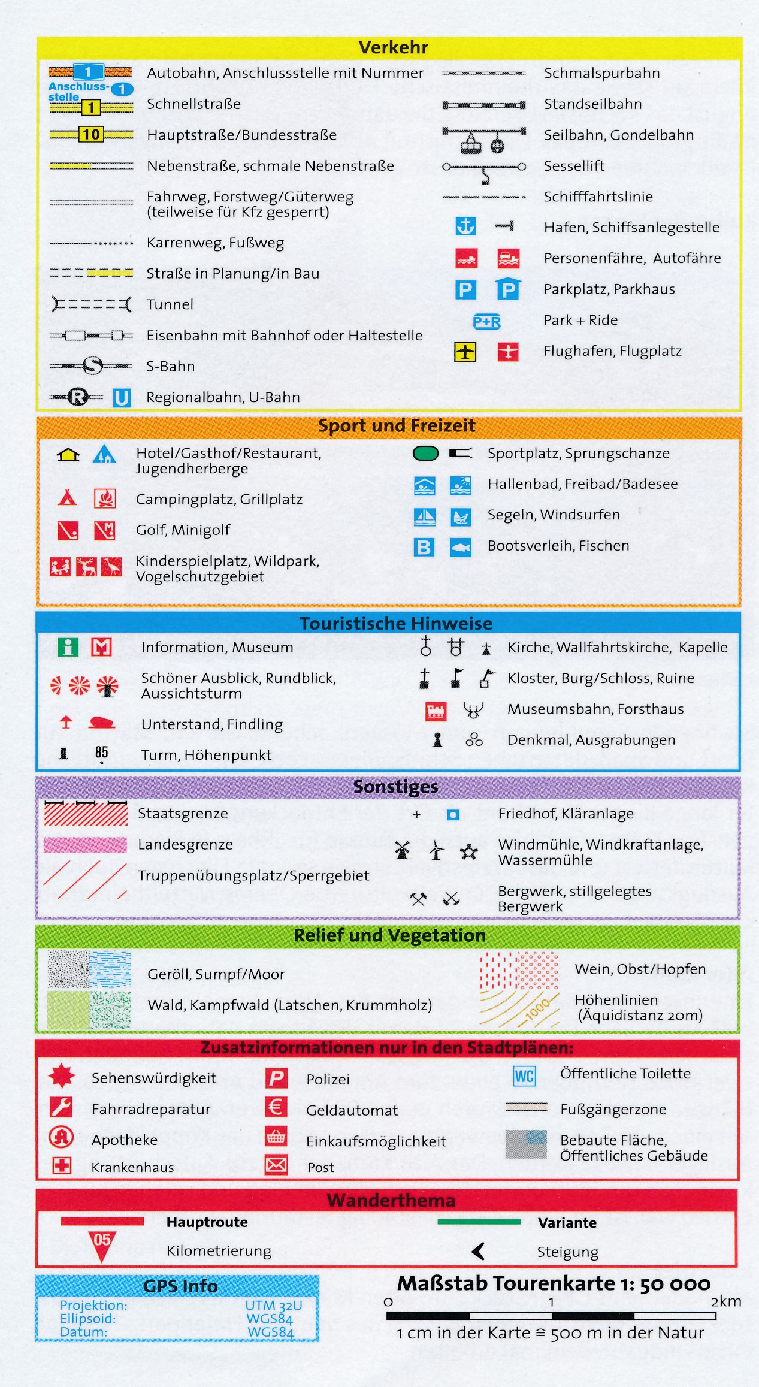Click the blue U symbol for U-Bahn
pyautogui.click(x=122, y=398)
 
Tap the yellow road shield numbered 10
pyautogui.click(x=91, y=134)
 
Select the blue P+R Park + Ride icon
pyautogui.click(x=487, y=322)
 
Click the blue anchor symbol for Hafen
pyautogui.click(x=465, y=226)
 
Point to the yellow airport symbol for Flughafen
pyautogui.click(x=465, y=352)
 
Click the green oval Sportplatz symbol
pyautogui.click(x=425, y=454)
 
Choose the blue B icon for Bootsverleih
pyautogui.click(x=424, y=547)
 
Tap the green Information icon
pyautogui.click(x=68, y=647)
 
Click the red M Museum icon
pyautogui.click(x=101, y=647)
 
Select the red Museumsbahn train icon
pyautogui.click(x=436, y=711)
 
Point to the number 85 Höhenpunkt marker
pyautogui.click(x=101, y=753)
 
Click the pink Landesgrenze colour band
pyautogui.click(x=85, y=845)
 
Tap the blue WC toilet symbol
pyautogui.click(x=524, y=1077)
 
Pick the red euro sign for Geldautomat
pyautogui.click(x=276, y=1107)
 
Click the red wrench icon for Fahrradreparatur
pyautogui.click(x=61, y=1107)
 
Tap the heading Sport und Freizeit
pyautogui.click(x=396, y=425)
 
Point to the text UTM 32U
pyautogui.click(x=273, y=1305)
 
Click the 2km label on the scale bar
pyautogui.click(x=726, y=1301)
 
